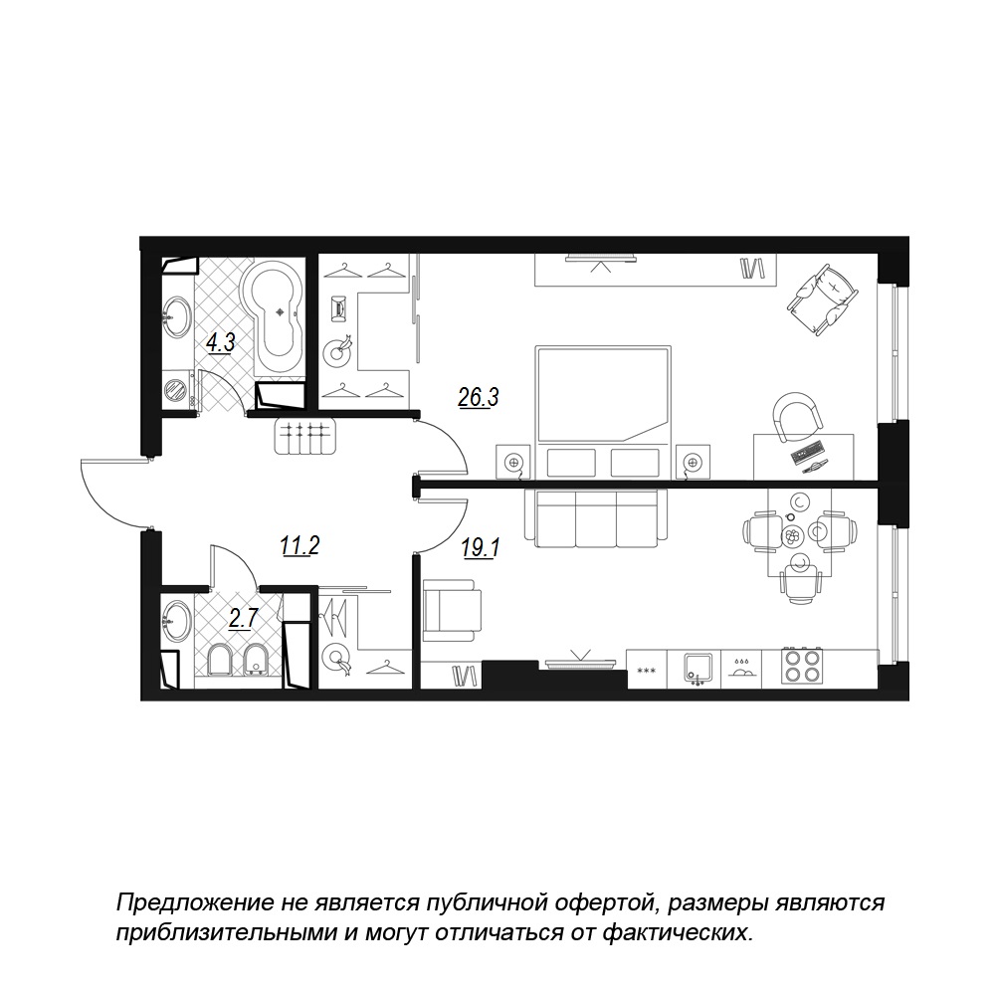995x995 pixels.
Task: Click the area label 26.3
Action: click(x=479, y=397)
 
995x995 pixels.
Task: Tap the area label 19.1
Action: click(x=481, y=547)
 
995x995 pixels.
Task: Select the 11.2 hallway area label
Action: click(x=300, y=545)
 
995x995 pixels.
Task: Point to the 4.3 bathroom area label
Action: click(x=221, y=342)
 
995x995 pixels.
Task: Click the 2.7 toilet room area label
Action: click(x=243, y=618)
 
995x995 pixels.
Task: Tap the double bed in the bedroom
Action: click(x=603, y=413)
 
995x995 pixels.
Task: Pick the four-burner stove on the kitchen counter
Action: click(x=801, y=665)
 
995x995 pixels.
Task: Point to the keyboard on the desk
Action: click(x=808, y=452)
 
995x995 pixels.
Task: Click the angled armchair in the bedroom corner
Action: click(x=823, y=298)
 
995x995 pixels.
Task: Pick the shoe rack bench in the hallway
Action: click(x=304, y=436)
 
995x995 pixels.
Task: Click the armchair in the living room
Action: click(x=452, y=609)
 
